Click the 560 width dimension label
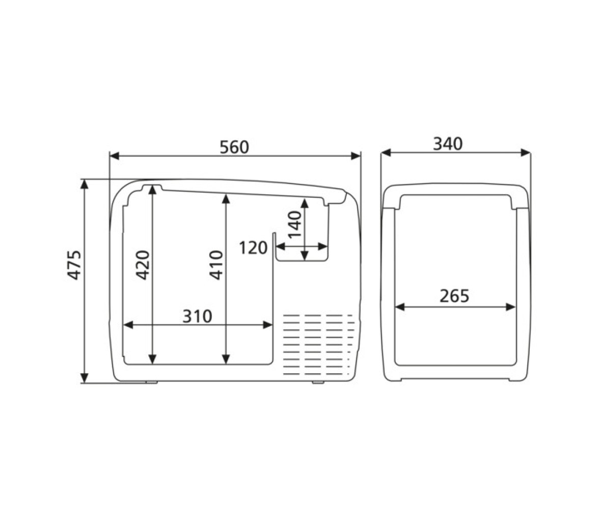coord(234,147)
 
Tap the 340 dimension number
coord(448,144)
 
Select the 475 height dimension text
coord(74,265)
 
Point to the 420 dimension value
coord(143,265)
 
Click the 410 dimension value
coord(216,265)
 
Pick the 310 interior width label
coord(197,316)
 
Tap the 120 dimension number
coord(253,248)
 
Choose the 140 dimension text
coord(295,224)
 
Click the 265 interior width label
coord(454,296)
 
